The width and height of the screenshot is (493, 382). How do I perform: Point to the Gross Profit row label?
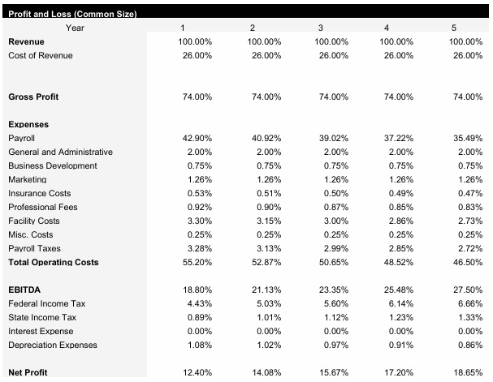point(33,97)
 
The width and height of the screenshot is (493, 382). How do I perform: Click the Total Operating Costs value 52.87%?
point(264,263)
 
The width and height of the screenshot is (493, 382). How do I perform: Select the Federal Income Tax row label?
point(46,303)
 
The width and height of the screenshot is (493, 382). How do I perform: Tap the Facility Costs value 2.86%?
point(398,221)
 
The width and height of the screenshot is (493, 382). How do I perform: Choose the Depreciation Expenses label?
point(52,345)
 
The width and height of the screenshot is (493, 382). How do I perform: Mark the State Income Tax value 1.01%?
point(264,317)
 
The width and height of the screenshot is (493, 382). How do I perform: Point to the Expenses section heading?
point(28,125)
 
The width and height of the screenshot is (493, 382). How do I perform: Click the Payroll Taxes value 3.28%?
point(197,248)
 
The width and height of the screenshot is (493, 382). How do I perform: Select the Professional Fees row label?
point(43,207)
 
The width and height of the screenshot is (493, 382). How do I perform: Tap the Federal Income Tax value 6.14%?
point(398,303)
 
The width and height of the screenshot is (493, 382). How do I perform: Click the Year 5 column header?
point(466,28)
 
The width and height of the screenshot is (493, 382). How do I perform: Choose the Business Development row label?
point(52,165)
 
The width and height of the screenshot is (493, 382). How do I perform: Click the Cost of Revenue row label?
point(40,55)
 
